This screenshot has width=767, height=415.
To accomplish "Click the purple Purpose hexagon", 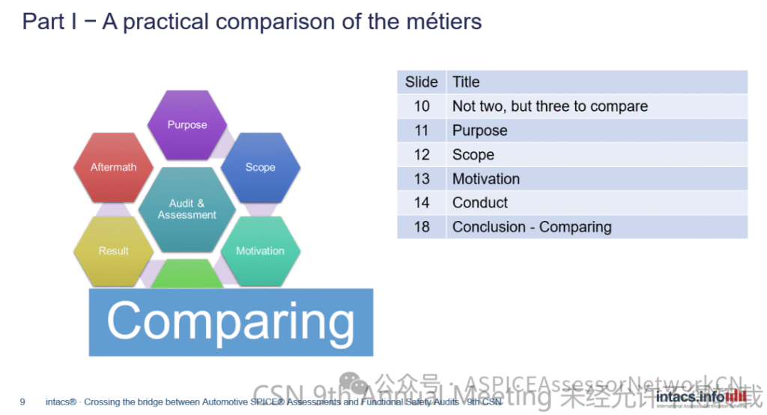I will click(187, 124).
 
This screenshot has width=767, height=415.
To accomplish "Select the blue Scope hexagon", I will click(260, 167).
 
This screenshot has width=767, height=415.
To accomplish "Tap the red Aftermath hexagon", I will click(113, 167).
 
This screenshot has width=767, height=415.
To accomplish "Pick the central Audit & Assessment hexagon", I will click(187, 209).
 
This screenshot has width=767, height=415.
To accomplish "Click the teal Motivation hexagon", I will click(260, 251).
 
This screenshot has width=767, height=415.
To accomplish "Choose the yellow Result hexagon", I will click(113, 251).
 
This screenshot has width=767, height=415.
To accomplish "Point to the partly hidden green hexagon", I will click(187, 279).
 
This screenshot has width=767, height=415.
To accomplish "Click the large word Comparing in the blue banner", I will click(231, 321).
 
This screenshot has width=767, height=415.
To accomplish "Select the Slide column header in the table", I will click(421, 82).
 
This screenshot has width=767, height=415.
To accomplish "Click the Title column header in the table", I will click(466, 82).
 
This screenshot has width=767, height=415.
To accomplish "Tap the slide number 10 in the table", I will click(422, 106).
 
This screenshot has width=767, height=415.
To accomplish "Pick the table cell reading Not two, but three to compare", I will click(550, 106).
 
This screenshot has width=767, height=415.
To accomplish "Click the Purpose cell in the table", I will click(479, 130).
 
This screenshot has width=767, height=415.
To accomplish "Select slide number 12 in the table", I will click(422, 154).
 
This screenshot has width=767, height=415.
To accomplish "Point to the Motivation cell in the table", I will click(485, 178).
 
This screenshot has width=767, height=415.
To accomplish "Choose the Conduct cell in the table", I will click(479, 202).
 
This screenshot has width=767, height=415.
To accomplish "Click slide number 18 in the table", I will click(422, 227).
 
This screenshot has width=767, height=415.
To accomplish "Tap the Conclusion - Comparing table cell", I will click(531, 227).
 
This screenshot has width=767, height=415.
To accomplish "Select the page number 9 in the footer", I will click(22, 402).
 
